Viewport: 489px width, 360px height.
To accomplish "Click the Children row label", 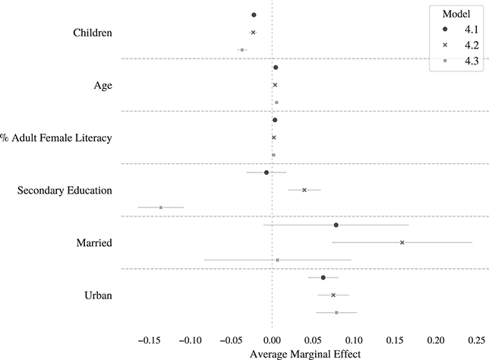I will [93, 33].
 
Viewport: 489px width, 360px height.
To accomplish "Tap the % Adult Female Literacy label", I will [57, 137].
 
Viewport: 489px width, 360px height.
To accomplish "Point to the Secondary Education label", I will [65, 190].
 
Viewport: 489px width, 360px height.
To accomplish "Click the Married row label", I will [95, 243].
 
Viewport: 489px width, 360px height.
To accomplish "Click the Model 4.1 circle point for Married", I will [336, 225].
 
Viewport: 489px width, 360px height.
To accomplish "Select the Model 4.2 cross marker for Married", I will [402, 242].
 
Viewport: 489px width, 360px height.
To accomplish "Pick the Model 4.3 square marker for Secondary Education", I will [161, 207].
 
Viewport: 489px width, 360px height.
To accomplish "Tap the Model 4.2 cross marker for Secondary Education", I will [304, 190].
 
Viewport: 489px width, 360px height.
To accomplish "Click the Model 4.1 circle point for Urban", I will [323, 277].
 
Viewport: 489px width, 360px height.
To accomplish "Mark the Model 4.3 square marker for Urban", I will [336, 312].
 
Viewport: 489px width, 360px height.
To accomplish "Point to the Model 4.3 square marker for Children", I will [241, 49].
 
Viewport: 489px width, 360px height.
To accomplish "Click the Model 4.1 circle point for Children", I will [254, 15].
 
